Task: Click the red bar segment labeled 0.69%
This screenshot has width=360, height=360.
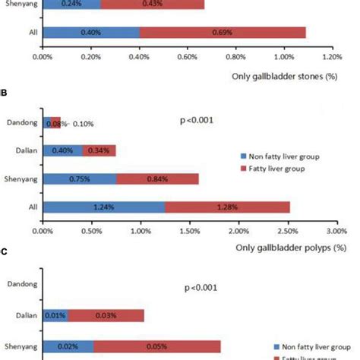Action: (223, 33)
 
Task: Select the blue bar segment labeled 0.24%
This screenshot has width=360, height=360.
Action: (72, 4)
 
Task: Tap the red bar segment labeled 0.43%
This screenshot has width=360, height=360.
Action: (152, 4)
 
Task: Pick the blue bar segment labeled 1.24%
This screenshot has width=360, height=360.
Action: (104, 207)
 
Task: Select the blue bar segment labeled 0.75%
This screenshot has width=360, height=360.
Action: (81, 178)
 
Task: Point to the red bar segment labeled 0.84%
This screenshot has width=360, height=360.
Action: (158, 178)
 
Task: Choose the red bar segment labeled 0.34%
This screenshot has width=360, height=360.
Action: (99, 150)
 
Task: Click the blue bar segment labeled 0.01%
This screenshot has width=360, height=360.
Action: (55, 315)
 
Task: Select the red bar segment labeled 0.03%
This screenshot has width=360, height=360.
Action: (106, 315)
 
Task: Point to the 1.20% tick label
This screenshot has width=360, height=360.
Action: (331, 57)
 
